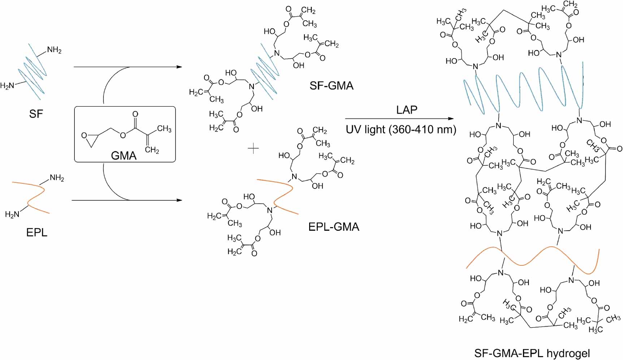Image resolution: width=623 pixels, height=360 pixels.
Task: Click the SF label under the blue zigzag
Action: (36, 114)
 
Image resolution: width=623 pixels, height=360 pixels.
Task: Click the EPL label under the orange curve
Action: (36, 232)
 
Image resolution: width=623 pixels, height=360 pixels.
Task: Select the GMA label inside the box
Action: (124, 156)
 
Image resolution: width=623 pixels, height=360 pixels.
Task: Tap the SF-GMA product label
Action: (331, 86)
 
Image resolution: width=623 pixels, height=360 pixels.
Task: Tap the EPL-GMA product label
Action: (334, 227)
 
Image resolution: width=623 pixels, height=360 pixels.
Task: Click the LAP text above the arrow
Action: (407, 110)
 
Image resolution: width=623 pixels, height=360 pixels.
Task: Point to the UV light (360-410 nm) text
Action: (401, 129)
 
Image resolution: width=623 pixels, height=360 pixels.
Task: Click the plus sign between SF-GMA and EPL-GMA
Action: (254, 148)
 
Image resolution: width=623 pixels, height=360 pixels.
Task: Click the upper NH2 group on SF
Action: (54, 50)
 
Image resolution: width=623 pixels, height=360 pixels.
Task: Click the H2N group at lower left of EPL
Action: (12, 214)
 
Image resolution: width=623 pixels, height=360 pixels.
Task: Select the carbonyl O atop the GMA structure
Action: (135, 114)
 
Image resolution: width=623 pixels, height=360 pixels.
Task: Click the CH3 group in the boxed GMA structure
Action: (164, 129)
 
